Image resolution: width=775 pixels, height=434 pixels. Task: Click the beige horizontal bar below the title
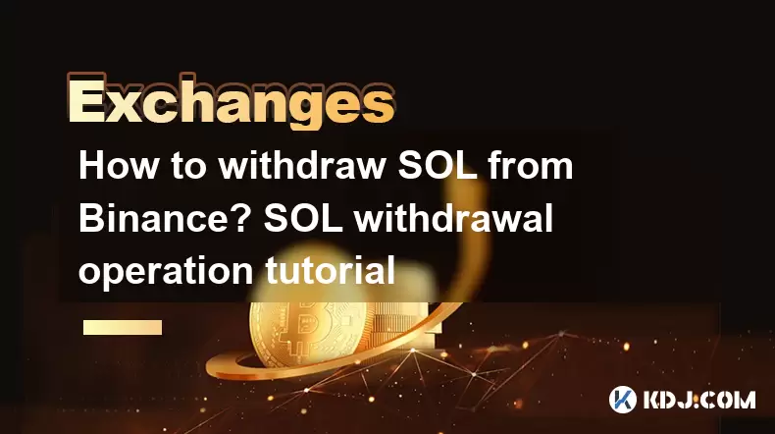[x=123, y=327]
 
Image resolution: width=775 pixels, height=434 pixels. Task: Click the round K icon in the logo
[x=623, y=400]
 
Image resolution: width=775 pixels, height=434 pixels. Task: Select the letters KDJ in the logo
[x=670, y=400]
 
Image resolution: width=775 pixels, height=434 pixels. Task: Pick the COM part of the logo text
[x=730, y=400]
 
